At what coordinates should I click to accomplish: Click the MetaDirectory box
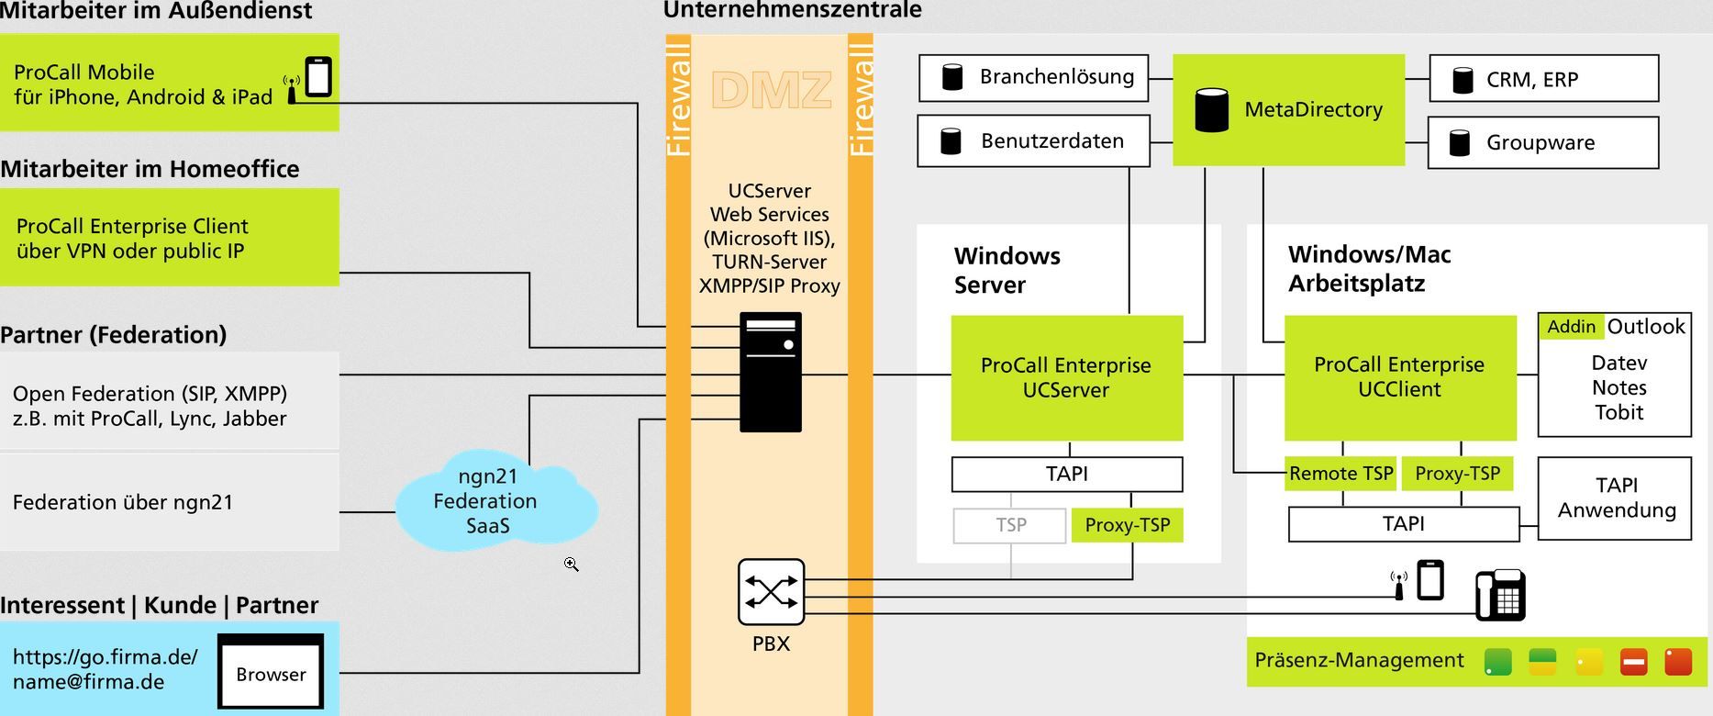(x=1288, y=109)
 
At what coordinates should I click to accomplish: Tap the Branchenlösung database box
(x=1034, y=77)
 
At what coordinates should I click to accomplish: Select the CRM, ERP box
(x=1543, y=79)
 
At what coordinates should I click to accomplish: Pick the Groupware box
(x=1543, y=142)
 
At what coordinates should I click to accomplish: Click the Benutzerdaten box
(x=1034, y=140)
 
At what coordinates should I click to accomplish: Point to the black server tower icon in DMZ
(x=771, y=372)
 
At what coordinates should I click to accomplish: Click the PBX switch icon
(x=771, y=592)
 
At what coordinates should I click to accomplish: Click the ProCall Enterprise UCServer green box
(x=1066, y=377)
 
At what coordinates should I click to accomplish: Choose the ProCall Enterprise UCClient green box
(x=1399, y=377)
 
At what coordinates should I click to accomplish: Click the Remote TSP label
(x=1340, y=474)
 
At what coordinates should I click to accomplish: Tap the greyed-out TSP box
(x=1010, y=525)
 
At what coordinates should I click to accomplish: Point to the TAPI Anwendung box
(x=1615, y=498)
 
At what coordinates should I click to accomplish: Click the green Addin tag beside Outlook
(x=1571, y=327)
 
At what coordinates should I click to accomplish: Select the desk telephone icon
(x=1499, y=595)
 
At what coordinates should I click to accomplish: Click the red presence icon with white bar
(x=1633, y=662)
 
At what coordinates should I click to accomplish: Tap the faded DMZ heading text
(x=771, y=90)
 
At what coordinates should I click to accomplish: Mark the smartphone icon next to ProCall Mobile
(x=317, y=76)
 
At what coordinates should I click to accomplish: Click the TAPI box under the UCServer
(x=1066, y=474)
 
